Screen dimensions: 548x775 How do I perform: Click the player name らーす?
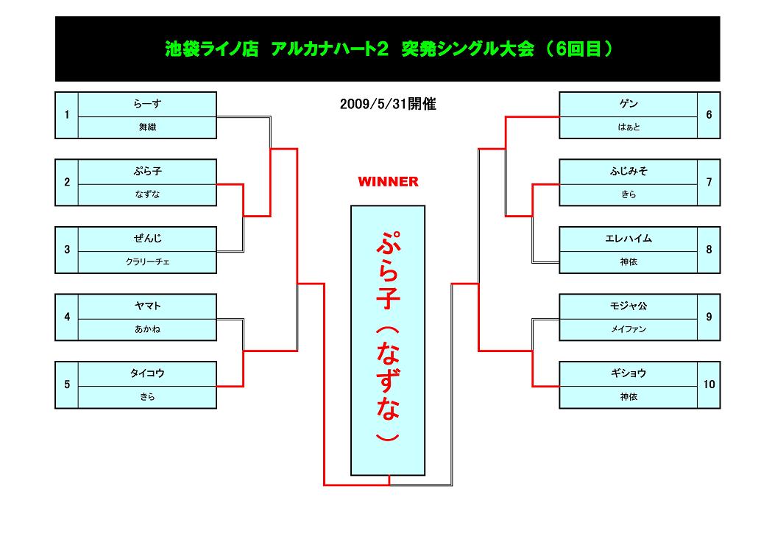pos(147,104)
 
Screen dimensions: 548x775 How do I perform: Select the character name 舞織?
pos(147,127)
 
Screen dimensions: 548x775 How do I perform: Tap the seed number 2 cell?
pos(67,183)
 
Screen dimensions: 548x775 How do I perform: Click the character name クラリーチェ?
pos(147,261)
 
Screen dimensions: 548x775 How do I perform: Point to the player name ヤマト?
pos(147,306)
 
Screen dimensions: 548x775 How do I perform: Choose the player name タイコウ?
pos(147,373)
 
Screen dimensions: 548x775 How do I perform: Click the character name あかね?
pos(147,329)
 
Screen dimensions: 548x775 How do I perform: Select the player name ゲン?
pos(629,104)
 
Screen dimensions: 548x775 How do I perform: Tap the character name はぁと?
pos(629,127)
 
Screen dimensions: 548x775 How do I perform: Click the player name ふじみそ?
pos(629,171)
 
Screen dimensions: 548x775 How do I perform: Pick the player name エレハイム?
pos(629,239)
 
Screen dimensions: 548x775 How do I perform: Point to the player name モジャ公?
pos(629,306)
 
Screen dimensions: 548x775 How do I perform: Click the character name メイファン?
pos(629,329)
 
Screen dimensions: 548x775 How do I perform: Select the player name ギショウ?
pos(629,373)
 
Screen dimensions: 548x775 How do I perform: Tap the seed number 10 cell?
pos(709,384)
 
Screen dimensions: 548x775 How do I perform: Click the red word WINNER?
pos(388,181)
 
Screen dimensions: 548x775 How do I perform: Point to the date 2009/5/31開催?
pos(388,105)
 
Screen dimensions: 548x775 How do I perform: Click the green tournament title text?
pos(388,49)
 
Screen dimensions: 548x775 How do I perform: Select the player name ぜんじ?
pos(147,239)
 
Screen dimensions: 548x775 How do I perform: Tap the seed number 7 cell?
pos(709,183)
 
